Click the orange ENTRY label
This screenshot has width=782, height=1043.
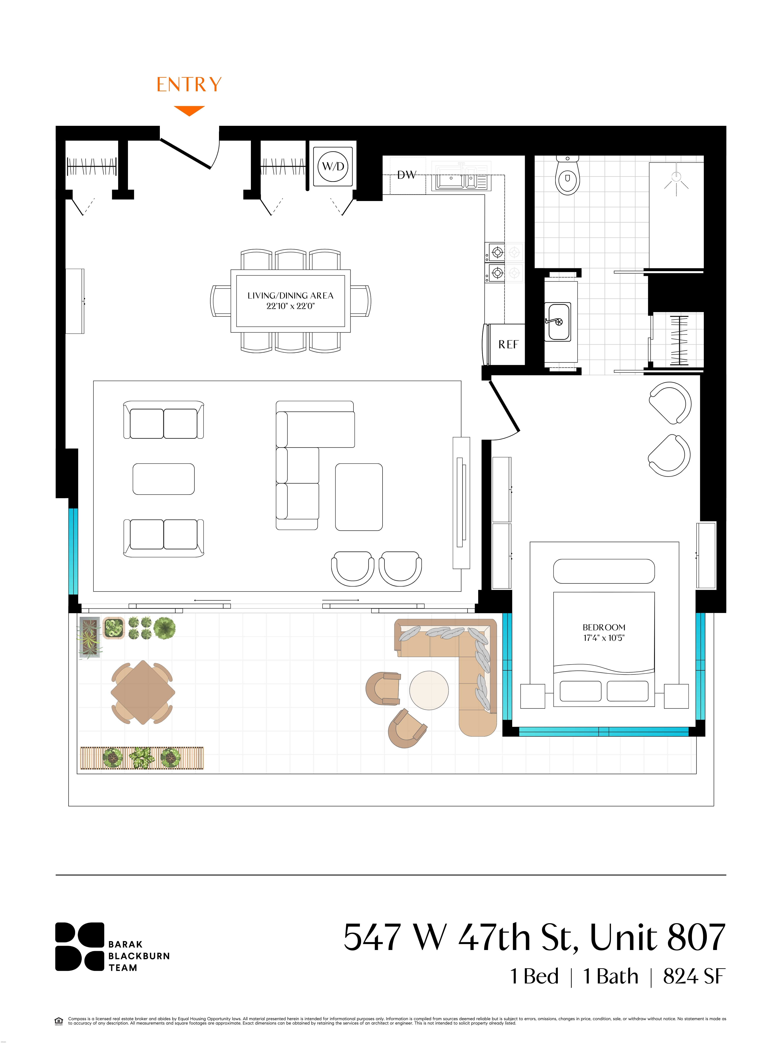(x=189, y=85)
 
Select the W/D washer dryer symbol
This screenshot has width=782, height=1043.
(x=333, y=166)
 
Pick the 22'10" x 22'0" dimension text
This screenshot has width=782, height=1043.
(x=290, y=306)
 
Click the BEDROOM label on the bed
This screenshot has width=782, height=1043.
(x=604, y=627)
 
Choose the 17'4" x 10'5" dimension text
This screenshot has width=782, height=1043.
(x=604, y=638)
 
